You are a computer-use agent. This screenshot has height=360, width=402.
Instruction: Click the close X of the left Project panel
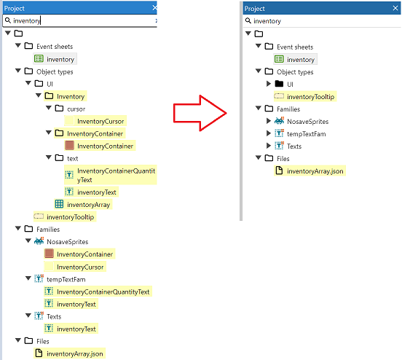click(x=154, y=8)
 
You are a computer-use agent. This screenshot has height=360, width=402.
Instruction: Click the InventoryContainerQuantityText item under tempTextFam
click(x=103, y=291)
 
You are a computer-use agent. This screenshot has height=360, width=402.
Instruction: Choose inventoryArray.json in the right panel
click(x=315, y=171)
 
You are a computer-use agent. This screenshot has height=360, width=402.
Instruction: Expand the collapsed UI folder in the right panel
click(x=269, y=84)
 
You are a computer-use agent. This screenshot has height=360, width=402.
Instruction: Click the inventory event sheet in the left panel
click(x=60, y=59)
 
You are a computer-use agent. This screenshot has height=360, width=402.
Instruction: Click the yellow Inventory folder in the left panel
click(x=70, y=96)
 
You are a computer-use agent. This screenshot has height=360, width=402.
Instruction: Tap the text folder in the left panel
click(x=72, y=158)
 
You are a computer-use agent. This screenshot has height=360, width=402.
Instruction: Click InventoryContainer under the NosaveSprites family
click(x=84, y=254)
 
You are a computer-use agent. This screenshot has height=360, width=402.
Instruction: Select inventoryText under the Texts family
click(x=76, y=329)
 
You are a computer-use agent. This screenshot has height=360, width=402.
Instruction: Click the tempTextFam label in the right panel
click(x=304, y=133)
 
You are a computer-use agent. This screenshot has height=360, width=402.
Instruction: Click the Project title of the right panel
click(x=255, y=8)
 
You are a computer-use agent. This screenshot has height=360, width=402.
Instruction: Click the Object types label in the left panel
click(x=55, y=71)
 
